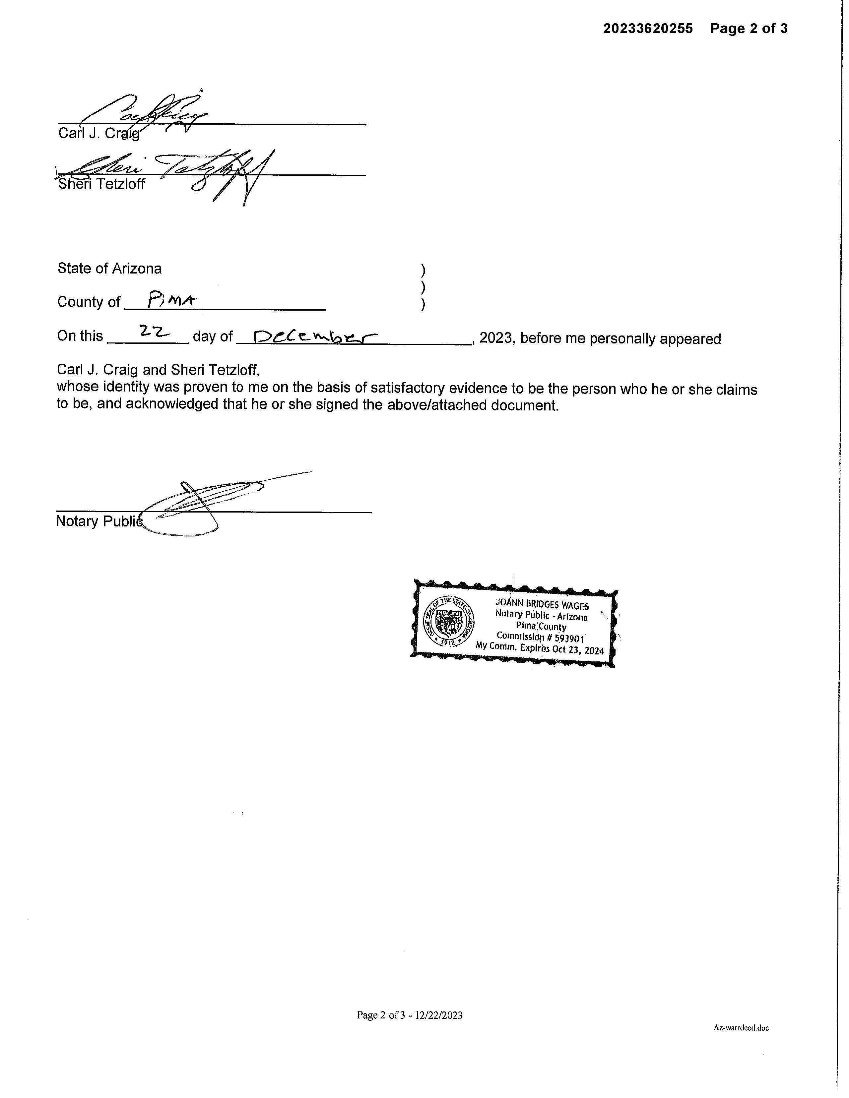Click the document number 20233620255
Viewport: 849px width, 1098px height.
[x=648, y=29]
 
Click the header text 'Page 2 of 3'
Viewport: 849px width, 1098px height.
[x=749, y=29]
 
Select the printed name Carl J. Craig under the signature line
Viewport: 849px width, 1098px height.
[x=98, y=134]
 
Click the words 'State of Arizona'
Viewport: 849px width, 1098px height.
[x=110, y=269]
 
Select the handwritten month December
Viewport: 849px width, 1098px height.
[x=315, y=336]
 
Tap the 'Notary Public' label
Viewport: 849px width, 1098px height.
[x=98, y=521]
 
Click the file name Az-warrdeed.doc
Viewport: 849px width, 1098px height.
[x=741, y=1028]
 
